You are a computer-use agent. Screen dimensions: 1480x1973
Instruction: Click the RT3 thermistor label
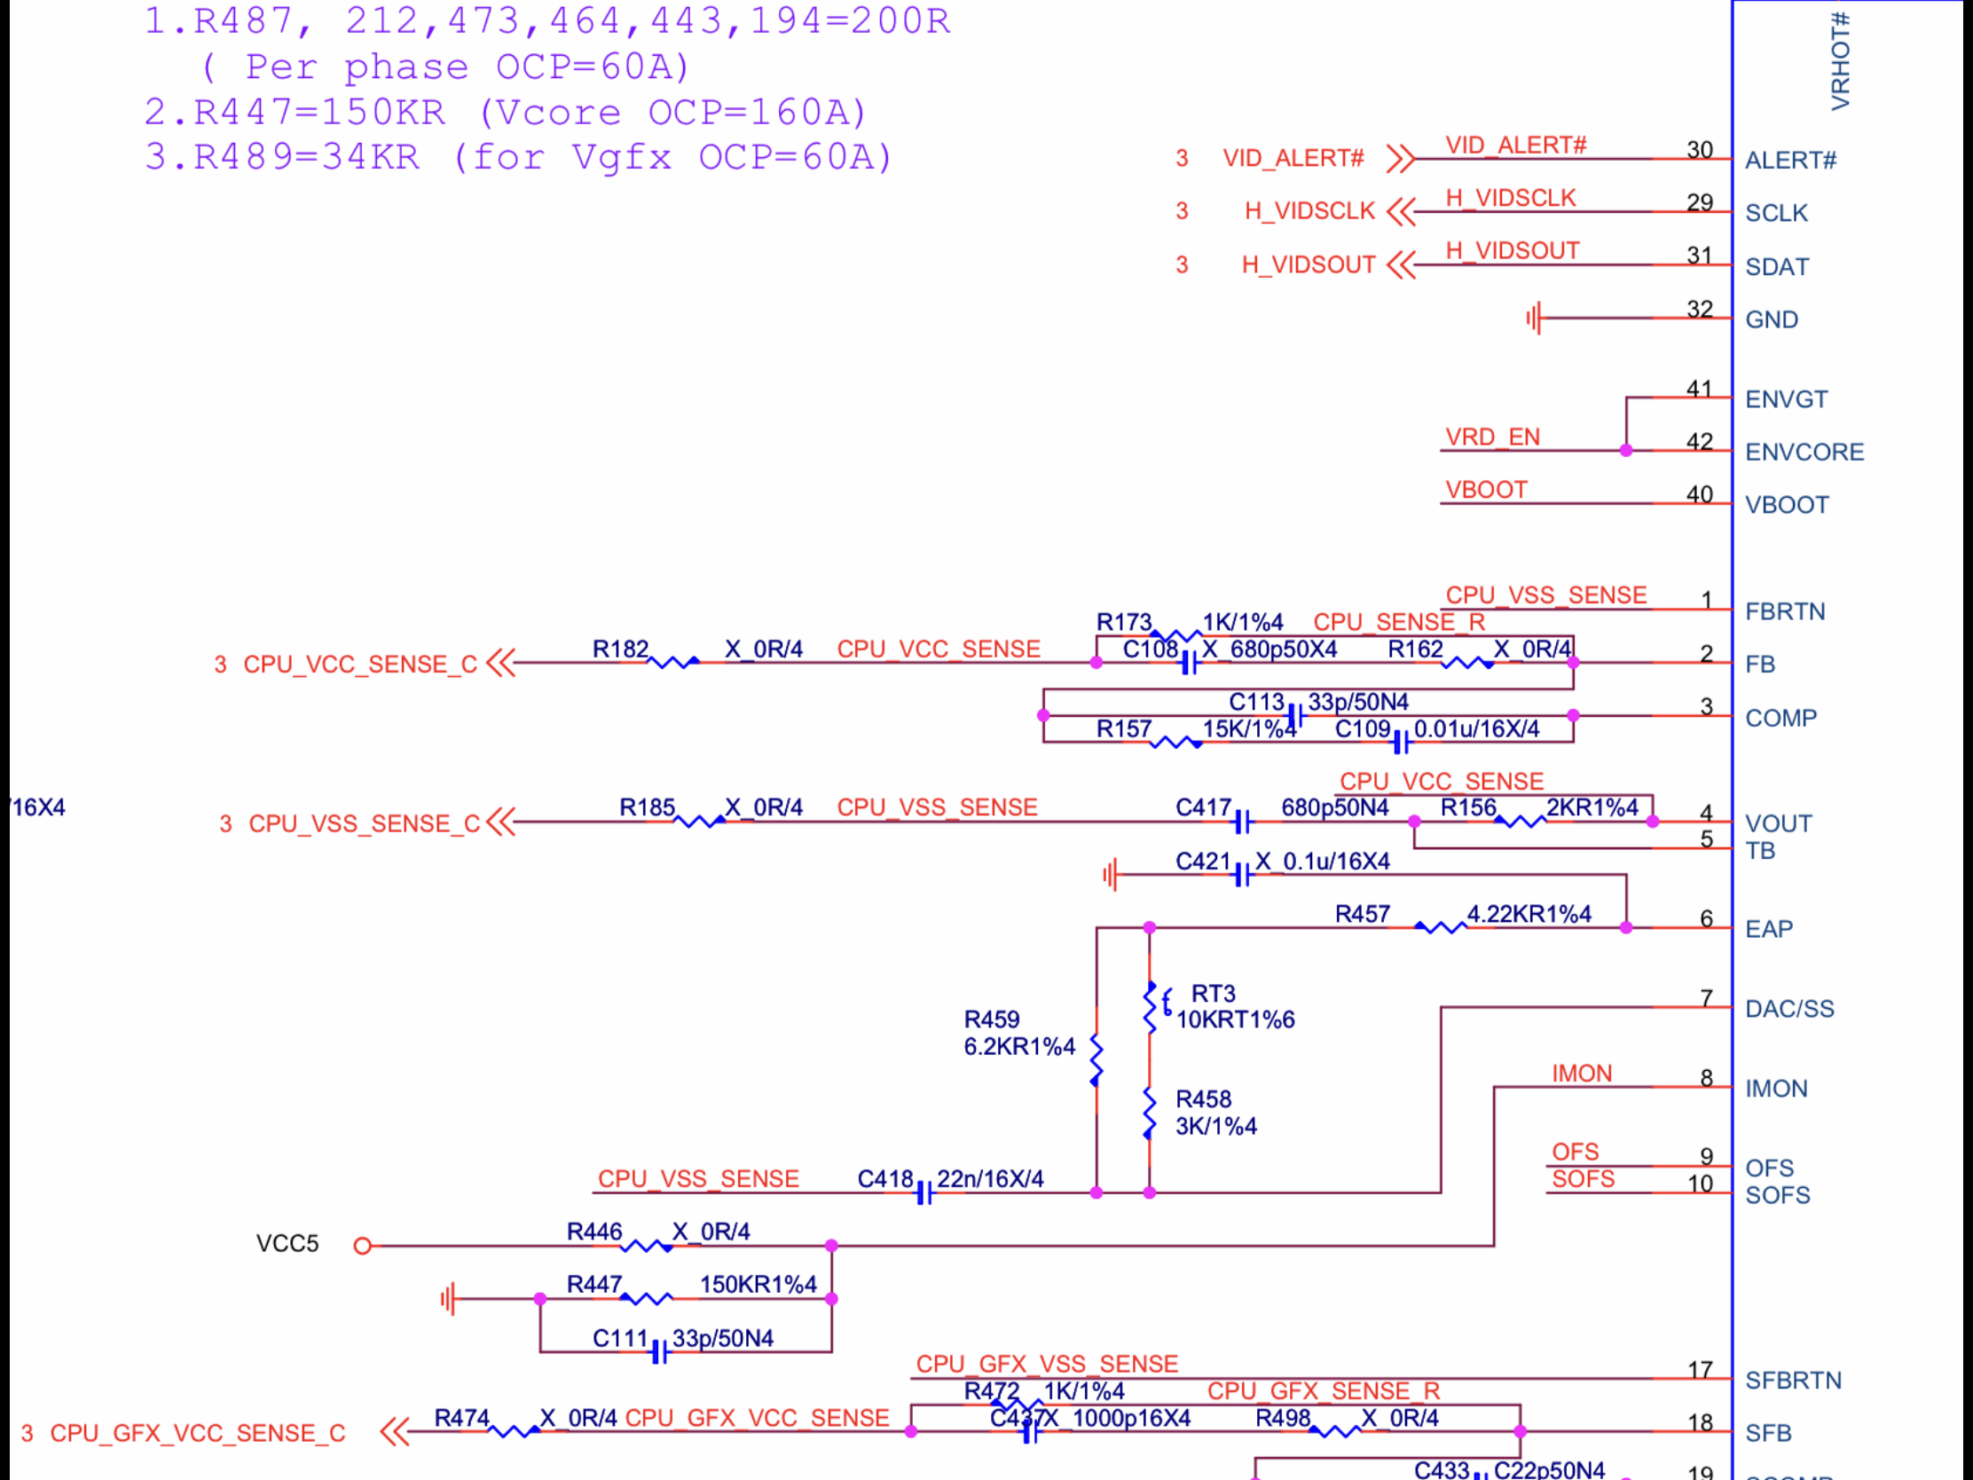[x=1213, y=993]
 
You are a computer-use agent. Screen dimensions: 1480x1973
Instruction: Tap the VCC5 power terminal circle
[x=362, y=1247]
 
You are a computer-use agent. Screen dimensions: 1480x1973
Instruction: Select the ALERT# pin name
[x=1790, y=161]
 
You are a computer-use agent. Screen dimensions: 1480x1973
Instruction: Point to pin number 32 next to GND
[x=1699, y=310]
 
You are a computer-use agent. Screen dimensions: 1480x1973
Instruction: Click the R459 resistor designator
[x=991, y=1019]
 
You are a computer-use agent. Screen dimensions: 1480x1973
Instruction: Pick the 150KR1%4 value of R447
[x=759, y=1284]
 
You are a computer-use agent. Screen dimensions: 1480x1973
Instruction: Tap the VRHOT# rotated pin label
[x=1840, y=60]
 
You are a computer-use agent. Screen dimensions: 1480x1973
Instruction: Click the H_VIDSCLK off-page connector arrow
[x=1402, y=211]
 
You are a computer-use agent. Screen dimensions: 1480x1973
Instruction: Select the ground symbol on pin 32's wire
[x=1534, y=318]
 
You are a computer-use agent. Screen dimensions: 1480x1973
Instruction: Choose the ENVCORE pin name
[x=1804, y=453]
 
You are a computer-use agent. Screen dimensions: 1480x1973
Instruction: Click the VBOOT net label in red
[x=1486, y=490]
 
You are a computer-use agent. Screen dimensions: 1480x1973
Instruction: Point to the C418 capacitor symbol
[x=925, y=1193]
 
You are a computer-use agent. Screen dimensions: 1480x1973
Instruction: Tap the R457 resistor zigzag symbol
[x=1440, y=928]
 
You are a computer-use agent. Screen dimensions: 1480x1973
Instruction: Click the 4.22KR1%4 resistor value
[x=1529, y=914]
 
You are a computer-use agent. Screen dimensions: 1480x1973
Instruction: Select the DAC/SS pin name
[x=1789, y=1009]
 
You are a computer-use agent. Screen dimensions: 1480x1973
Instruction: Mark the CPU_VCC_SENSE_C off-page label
[x=359, y=665]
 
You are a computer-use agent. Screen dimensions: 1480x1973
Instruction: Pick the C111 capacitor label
[x=620, y=1338]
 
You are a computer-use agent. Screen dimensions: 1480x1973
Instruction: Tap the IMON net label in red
[x=1582, y=1074]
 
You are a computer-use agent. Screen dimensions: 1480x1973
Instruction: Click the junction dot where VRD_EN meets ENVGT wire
[x=1626, y=451]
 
